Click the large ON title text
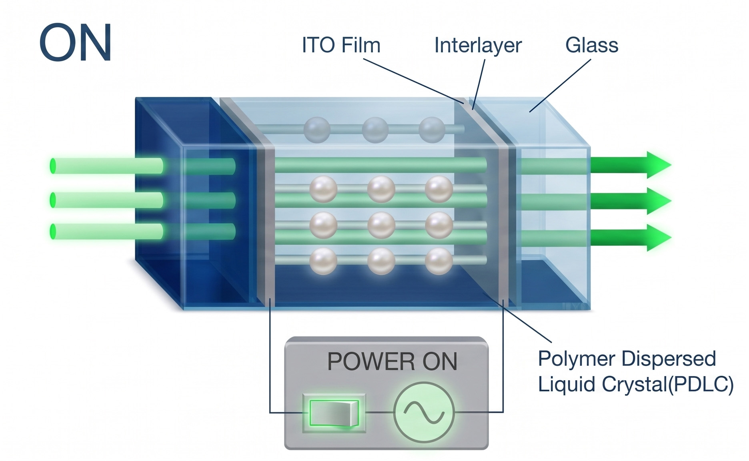(x=75, y=42)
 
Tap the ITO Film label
(x=341, y=45)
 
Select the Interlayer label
(x=478, y=45)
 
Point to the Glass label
(x=592, y=45)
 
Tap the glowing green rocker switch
(x=334, y=413)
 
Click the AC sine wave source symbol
(x=424, y=412)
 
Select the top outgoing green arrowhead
(x=658, y=165)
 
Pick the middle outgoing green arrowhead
(x=658, y=200)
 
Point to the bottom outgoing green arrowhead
(x=658, y=237)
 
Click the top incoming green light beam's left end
(x=53, y=166)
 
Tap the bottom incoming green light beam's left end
(x=53, y=232)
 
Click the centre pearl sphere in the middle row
(x=381, y=225)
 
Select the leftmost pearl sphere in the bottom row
(x=323, y=261)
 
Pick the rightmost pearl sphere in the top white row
(x=439, y=189)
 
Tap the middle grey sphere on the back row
(x=375, y=130)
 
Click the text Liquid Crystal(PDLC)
(x=636, y=385)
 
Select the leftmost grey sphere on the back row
(x=317, y=130)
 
